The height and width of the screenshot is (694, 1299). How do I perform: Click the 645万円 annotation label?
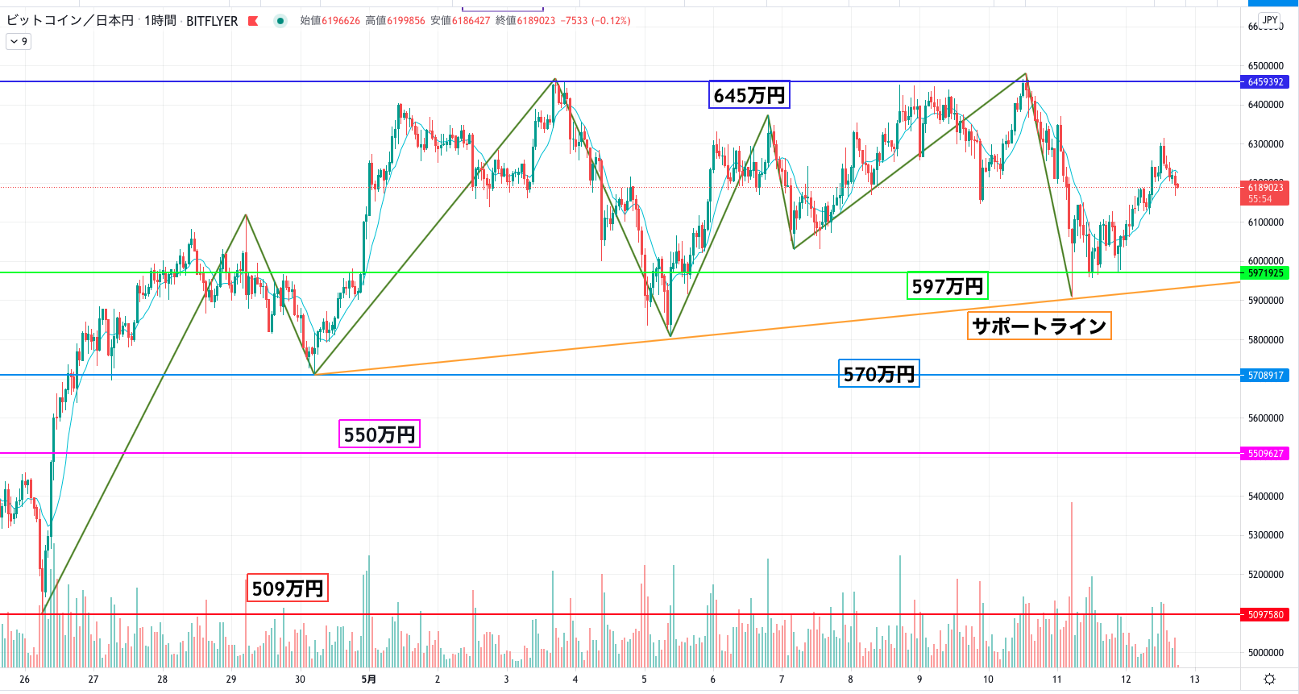tap(749, 95)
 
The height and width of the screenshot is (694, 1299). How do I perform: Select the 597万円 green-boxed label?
tap(947, 286)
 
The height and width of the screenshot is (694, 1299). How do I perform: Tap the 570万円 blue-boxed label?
tap(878, 374)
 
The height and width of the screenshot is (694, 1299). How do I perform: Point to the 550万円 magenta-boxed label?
tap(379, 434)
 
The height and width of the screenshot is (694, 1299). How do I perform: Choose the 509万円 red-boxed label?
tap(287, 588)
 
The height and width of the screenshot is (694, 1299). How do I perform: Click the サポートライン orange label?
tap(1039, 326)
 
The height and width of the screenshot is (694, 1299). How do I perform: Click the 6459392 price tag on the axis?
tap(1265, 82)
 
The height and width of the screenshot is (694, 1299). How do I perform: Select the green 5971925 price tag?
tap(1265, 273)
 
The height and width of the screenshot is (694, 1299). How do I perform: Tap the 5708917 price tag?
tap(1265, 376)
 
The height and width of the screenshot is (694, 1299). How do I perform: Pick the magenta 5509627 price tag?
tap(1265, 454)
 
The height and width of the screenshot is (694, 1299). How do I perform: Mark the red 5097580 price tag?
tap(1265, 615)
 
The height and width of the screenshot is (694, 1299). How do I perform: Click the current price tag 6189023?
tap(1265, 189)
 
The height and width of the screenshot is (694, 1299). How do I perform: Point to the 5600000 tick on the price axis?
tap(1265, 418)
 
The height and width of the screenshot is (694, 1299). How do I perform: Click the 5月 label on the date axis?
tap(368, 679)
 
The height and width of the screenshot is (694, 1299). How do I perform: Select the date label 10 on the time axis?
tap(988, 679)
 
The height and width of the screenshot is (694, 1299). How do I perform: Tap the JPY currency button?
tap(1270, 20)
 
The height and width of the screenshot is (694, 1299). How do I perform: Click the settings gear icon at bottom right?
tap(1269, 679)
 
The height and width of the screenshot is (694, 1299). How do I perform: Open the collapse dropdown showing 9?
tap(19, 41)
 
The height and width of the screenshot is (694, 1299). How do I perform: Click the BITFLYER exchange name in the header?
tap(212, 21)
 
